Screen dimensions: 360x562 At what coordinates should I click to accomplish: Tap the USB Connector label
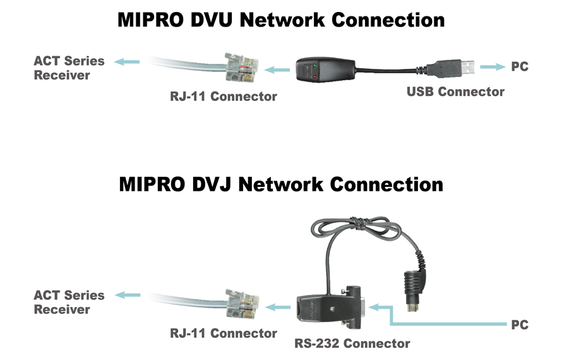455,92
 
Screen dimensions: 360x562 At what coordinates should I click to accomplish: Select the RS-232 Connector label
352,344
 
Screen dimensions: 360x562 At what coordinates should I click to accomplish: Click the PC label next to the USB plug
519,66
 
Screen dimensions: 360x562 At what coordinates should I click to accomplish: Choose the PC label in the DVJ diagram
519,325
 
